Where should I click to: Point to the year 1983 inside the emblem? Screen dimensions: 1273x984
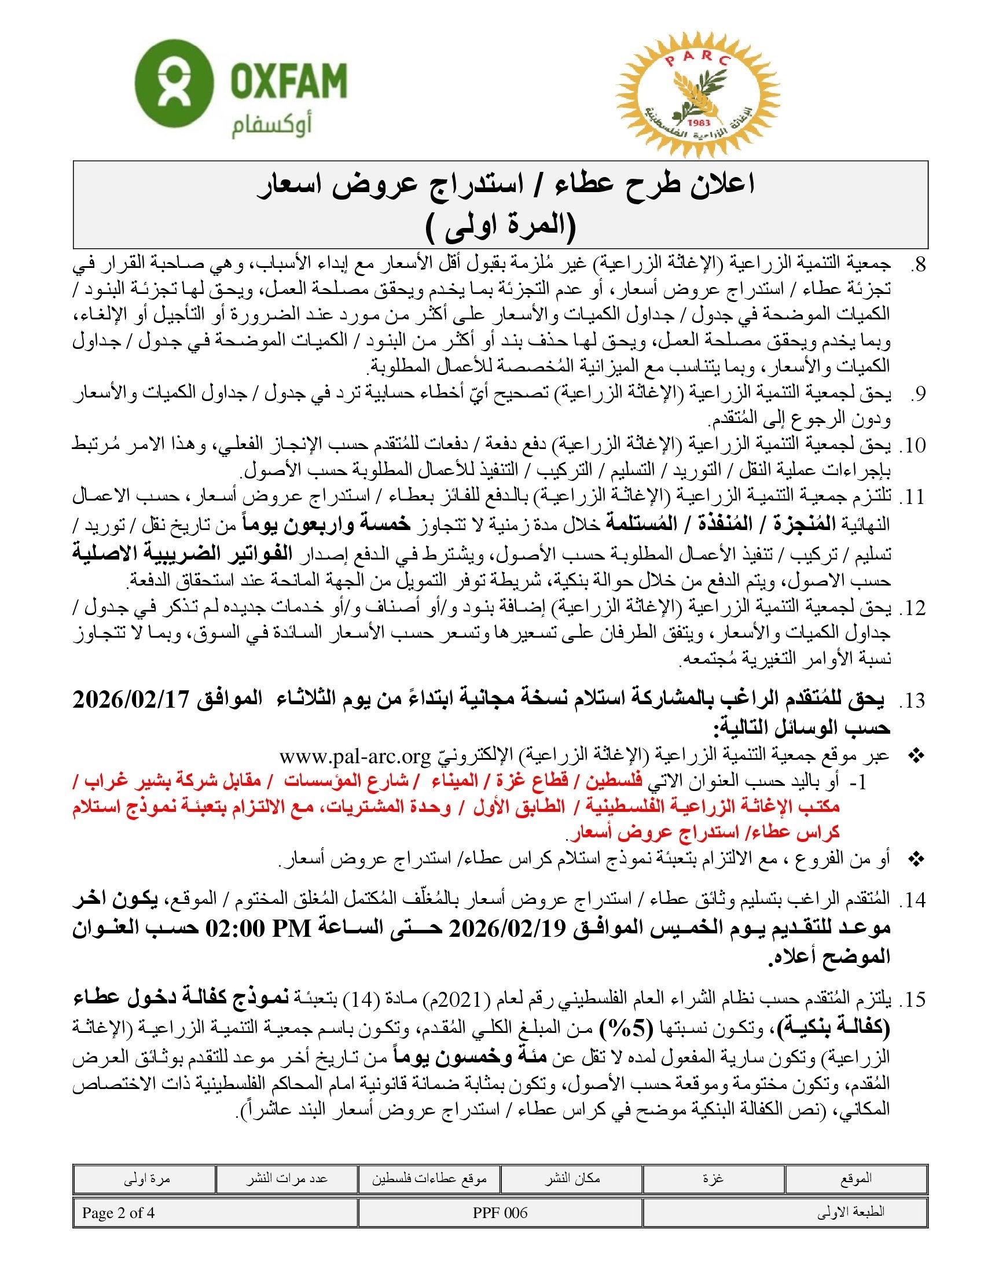click(x=699, y=123)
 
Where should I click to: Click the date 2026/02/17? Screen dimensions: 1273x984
click(x=130, y=700)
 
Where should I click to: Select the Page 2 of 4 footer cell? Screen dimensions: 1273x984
click(x=119, y=1213)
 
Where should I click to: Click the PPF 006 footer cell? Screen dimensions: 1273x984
click(x=500, y=1213)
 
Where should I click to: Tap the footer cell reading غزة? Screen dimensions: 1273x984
click(x=713, y=1179)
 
